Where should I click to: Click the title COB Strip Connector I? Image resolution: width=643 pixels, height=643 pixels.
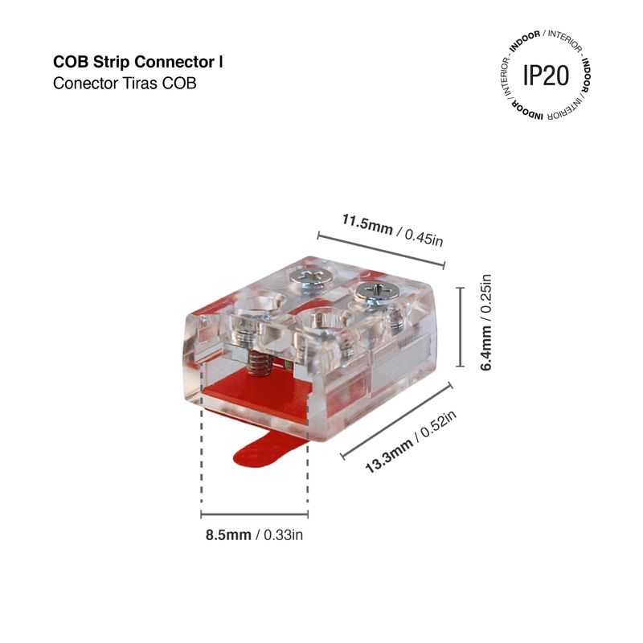point(138,63)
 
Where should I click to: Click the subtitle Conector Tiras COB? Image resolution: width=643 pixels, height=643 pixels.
point(125,84)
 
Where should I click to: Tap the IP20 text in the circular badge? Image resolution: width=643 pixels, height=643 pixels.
point(546,76)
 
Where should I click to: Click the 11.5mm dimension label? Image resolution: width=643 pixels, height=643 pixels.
point(367,225)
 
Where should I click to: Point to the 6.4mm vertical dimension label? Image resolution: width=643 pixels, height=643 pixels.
point(485,348)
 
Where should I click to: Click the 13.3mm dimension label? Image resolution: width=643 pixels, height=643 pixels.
point(389,455)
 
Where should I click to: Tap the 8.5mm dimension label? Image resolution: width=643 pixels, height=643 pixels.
point(228,535)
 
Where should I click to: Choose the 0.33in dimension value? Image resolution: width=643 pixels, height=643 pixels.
point(284,535)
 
